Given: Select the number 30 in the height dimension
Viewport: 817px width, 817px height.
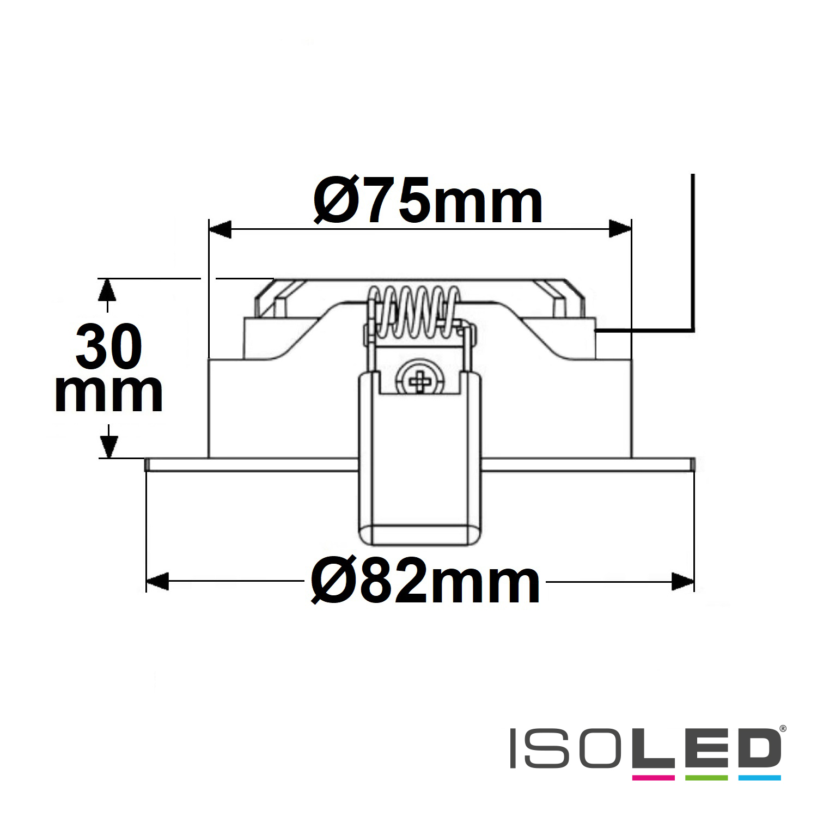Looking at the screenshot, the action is (109, 347).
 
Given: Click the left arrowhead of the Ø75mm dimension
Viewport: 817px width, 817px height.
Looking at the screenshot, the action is (221, 229).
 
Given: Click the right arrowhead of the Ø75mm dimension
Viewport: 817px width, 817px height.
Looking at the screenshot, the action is (620, 229).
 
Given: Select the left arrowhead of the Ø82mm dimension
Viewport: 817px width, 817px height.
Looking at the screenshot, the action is (158, 582).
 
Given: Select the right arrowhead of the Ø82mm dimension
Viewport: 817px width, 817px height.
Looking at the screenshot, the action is (683, 582).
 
